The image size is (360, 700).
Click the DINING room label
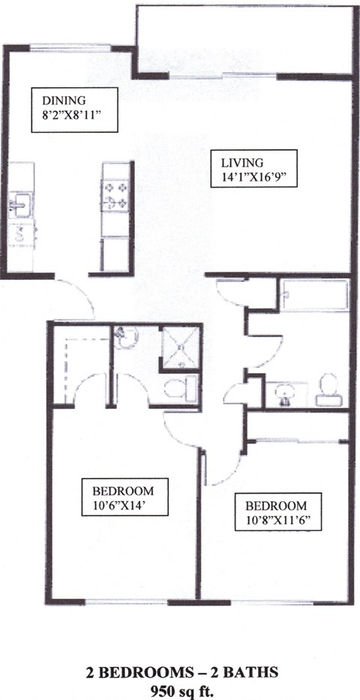(64, 99)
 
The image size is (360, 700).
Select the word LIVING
(236, 162)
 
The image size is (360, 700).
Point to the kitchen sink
(20, 203)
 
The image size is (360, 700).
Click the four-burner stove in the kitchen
(115, 194)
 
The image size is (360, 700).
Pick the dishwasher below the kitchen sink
(21, 235)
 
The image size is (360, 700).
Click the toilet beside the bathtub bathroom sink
(328, 385)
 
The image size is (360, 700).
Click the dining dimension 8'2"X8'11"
(72, 114)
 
